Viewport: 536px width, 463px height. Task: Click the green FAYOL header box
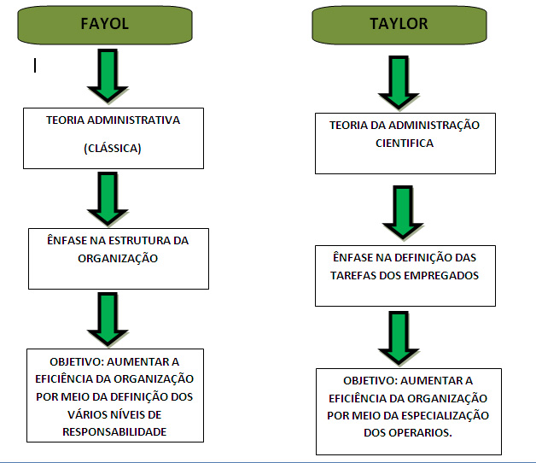tap(104, 25)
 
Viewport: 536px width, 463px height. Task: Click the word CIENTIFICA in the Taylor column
tap(405, 144)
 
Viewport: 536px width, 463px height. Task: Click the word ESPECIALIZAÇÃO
tap(443, 415)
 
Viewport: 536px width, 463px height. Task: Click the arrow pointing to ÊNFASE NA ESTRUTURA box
tap(108, 198)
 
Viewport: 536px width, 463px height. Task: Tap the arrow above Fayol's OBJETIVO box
tap(108, 319)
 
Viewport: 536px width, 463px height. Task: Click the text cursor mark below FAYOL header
tap(35, 65)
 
